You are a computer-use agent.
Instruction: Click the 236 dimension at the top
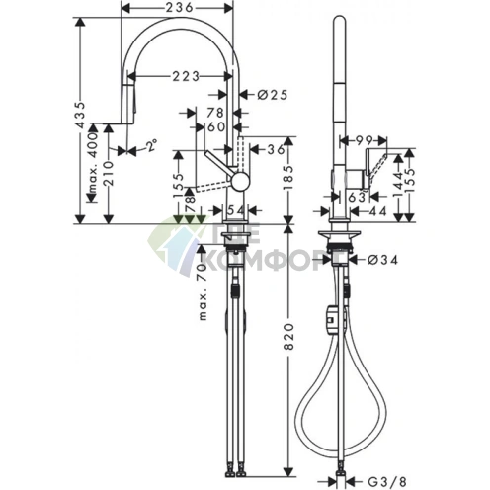(178, 9)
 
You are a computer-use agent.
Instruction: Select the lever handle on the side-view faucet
(376, 164)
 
